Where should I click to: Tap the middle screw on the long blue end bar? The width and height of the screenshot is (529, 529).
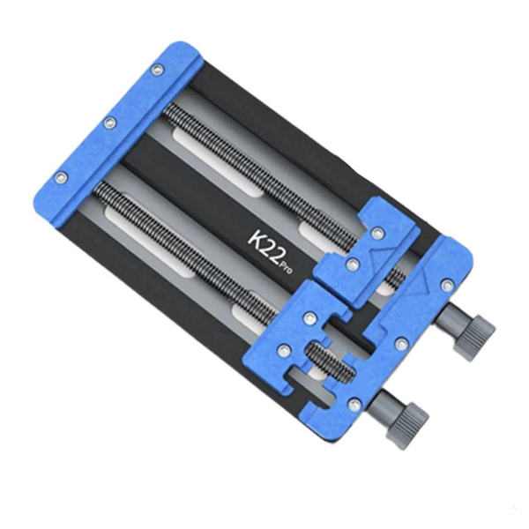[108, 123]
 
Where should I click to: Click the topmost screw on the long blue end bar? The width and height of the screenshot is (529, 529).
[156, 70]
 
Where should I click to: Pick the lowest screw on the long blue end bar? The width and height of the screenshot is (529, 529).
[62, 177]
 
